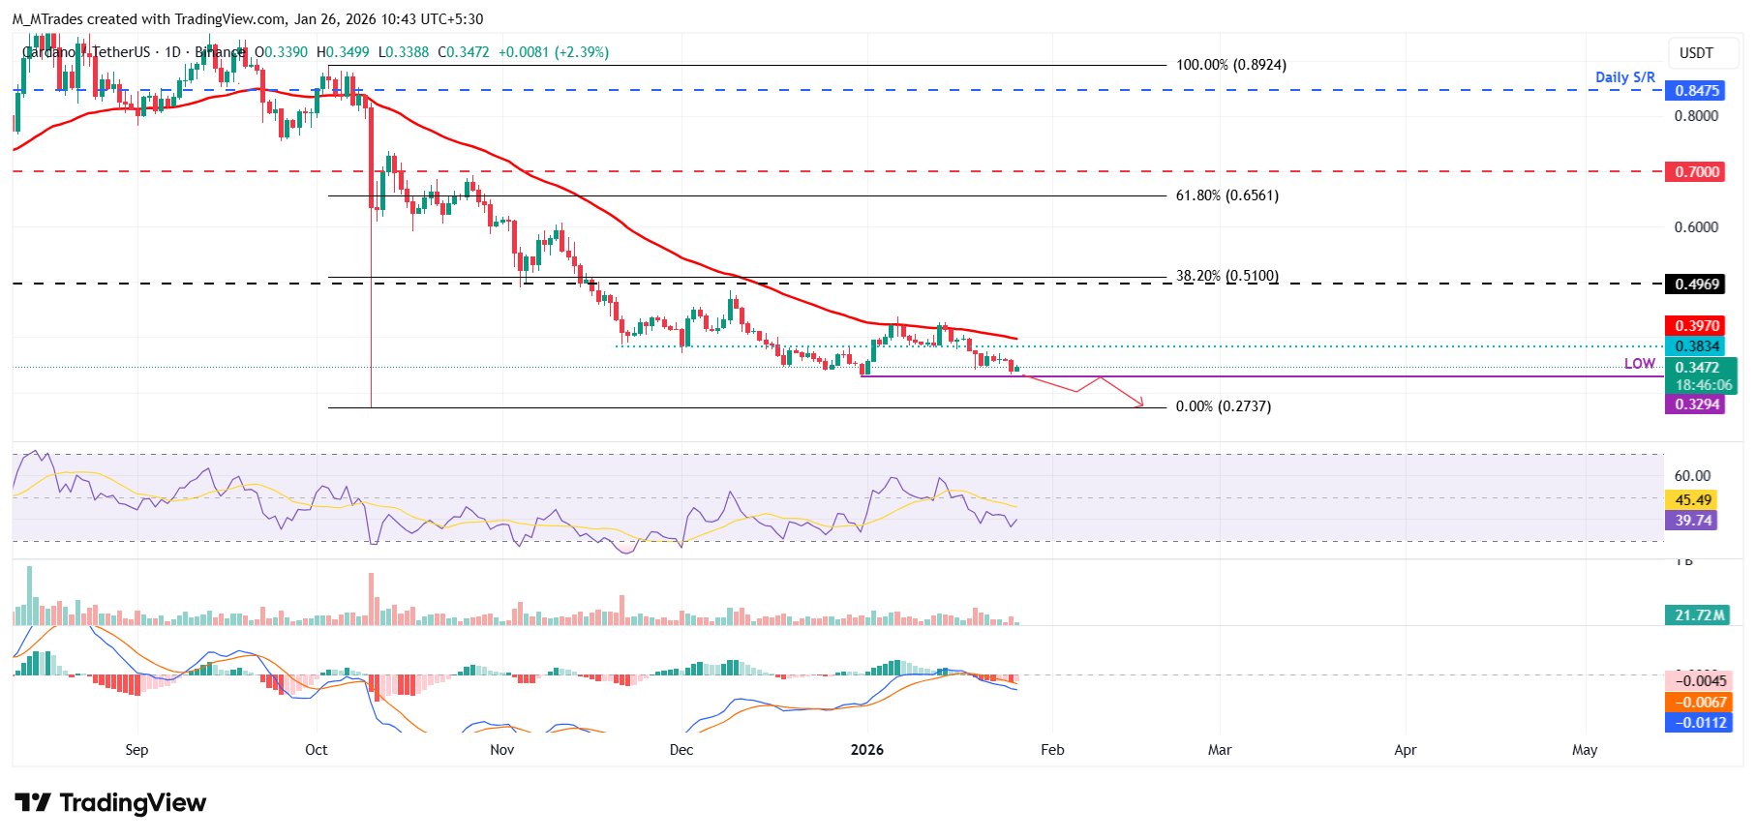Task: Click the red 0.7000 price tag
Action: tap(1696, 172)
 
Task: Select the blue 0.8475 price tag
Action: tap(1696, 91)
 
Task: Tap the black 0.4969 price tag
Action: tap(1696, 285)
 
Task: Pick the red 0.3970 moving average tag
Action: tap(1696, 326)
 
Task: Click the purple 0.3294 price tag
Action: tap(1696, 405)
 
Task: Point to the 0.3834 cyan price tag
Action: tap(1696, 346)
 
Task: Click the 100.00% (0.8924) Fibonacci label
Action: tap(1230, 65)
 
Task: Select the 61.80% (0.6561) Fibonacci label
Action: tap(1226, 195)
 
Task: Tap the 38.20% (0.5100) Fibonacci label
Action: tap(1226, 276)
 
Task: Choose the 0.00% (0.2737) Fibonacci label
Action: tap(1223, 406)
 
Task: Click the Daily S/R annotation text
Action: tap(1624, 77)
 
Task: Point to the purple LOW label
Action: tap(1639, 364)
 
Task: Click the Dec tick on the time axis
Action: tap(681, 750)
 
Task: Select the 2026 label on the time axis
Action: tap(866, 750)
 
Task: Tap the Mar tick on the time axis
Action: tap(1220, 750)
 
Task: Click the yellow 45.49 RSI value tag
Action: tap(1692, 500)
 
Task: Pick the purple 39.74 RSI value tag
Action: tap(1692, 521)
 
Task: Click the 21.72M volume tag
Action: tap(1699, 615)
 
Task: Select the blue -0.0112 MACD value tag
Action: tap(1699, 723)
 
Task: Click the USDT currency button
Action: tap(1695, 53)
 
